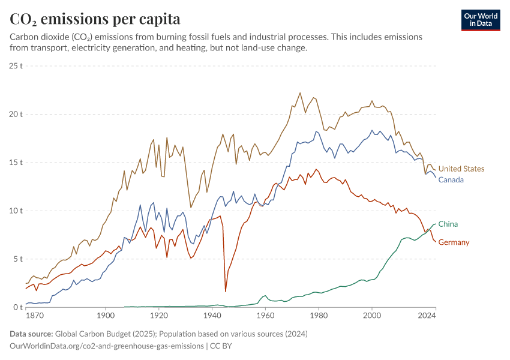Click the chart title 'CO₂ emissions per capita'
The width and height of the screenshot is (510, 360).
pos(95,19)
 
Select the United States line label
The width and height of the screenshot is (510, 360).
pos(461,169)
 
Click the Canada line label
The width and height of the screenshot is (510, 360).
pos(451,180)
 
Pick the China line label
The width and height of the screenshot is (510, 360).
pos(448,224)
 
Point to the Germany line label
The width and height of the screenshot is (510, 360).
pos(454,242)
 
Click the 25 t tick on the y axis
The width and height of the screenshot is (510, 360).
pos(16,65)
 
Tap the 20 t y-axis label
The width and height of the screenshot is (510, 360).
pos(16,114)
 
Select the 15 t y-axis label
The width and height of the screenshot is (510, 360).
pos(16,163)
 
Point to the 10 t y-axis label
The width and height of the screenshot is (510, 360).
pos(16,211)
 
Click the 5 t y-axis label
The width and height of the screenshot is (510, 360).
pos(16,259)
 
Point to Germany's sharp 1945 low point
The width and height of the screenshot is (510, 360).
pos(226,292)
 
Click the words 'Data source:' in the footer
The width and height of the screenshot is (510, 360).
pos(31,334)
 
